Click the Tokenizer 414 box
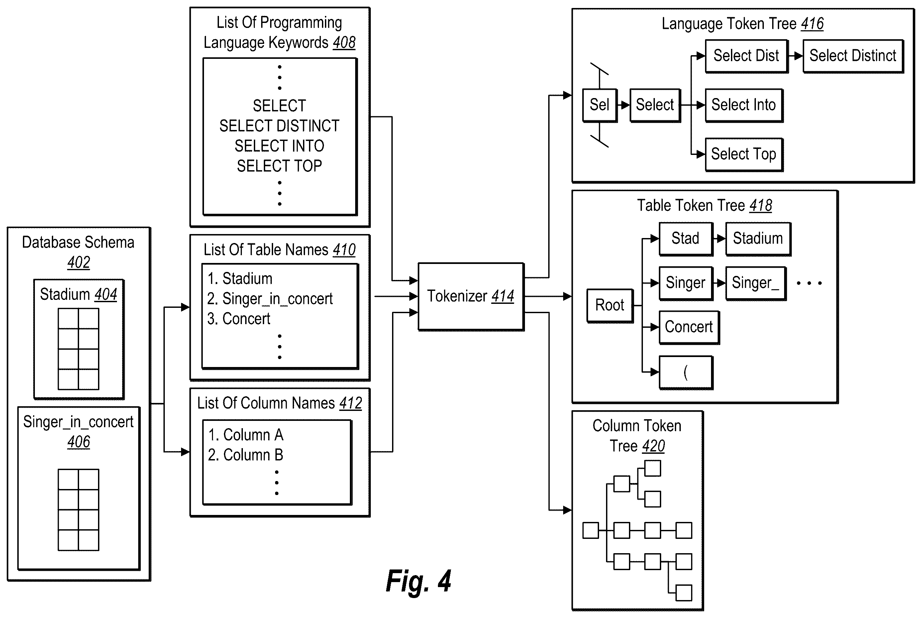[x=471, y=297]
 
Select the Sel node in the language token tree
[x=599, y=105]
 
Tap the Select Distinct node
[x=853, y=56]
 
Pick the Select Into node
[x=744, y=105]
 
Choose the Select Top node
[x=744, y=155]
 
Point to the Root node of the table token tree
[x=610, y=306]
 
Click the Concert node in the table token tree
[x=689, y=327]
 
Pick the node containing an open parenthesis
[x=686, y=372]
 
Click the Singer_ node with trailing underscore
[x=756, y=283]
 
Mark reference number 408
[x=344, y=43]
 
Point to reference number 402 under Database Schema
[x=79, y=263]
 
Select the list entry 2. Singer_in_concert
[x=270, y=299]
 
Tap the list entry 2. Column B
[x=245, y=455]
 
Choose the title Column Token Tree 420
[x=637, y=436]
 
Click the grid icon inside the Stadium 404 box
[x=78, y=349]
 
